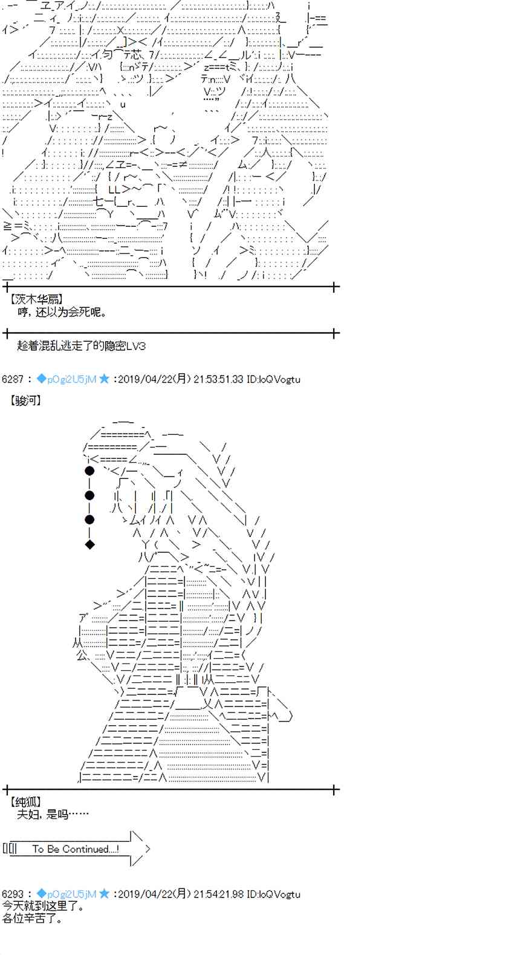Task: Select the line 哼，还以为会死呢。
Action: click(62, 312)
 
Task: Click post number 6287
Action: click(12, 379)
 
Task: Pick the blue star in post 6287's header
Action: click(104, 379)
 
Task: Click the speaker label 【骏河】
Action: click(25, 400)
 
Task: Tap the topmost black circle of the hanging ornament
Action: click(89, 470)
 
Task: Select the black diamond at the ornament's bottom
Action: click(89, 544)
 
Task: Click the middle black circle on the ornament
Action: click(89, 495)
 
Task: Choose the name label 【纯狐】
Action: click(25, 803)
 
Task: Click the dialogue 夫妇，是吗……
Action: click(53, 814)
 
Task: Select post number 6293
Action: click(12, 894)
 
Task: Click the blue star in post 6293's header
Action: click(104, 894)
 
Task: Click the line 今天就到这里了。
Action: click(43, 906)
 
